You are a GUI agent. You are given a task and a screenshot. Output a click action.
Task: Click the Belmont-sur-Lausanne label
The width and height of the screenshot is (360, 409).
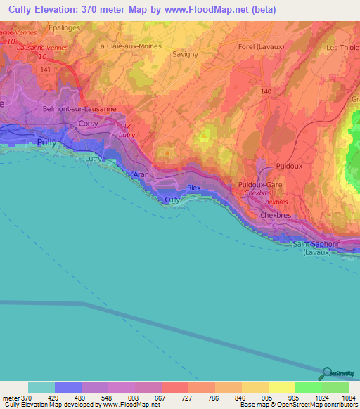79,109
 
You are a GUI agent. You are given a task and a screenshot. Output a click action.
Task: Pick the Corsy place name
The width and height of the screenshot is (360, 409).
88,123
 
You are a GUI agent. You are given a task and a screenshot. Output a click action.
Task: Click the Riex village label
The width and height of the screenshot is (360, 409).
194,188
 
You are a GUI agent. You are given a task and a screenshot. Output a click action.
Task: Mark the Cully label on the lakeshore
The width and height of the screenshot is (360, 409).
172,200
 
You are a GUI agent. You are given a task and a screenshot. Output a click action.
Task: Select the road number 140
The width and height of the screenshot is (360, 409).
266,91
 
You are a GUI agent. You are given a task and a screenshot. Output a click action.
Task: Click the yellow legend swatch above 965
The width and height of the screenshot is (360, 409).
282,387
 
